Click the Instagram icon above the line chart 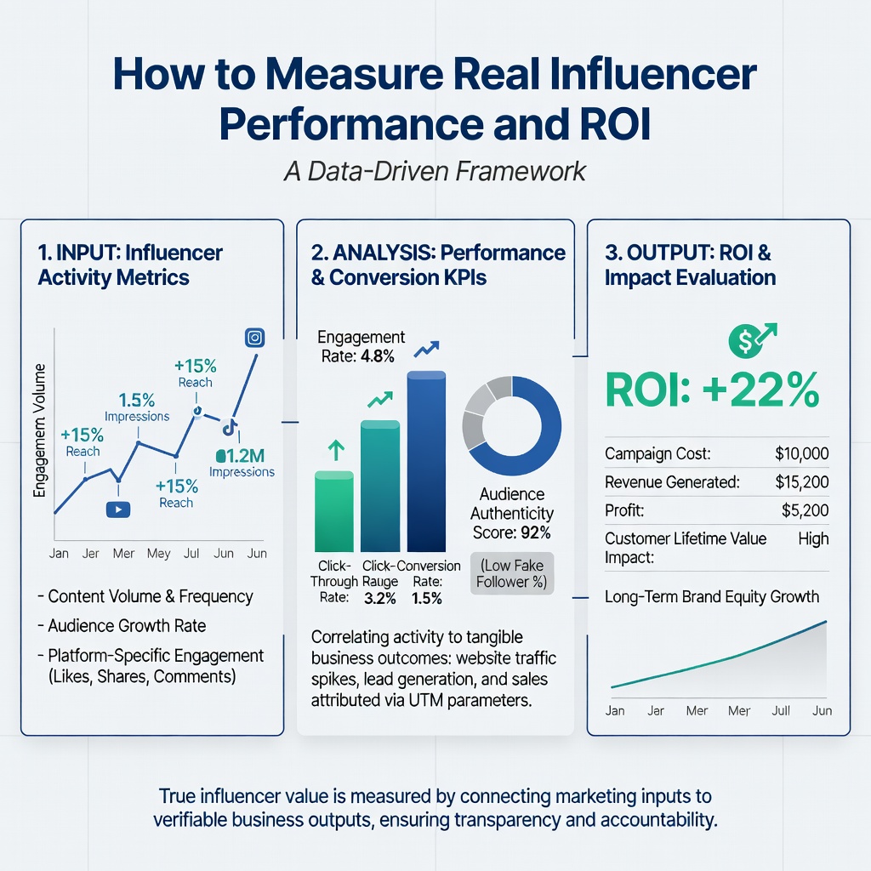pos(253,338)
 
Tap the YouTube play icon pos(117,509)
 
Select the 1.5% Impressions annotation pos(136,407)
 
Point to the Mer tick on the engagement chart pos(123,554)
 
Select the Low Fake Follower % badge pos(511,573)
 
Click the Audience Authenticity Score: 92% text pos(512,514)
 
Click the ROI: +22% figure pos(713,390)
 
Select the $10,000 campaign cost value pos(801,454)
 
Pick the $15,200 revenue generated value pos(801,482)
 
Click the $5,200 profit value pos(805,510)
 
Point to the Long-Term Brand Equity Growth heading pos(712,596)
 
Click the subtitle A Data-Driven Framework pos(435,170)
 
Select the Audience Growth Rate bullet pos(127,625)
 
